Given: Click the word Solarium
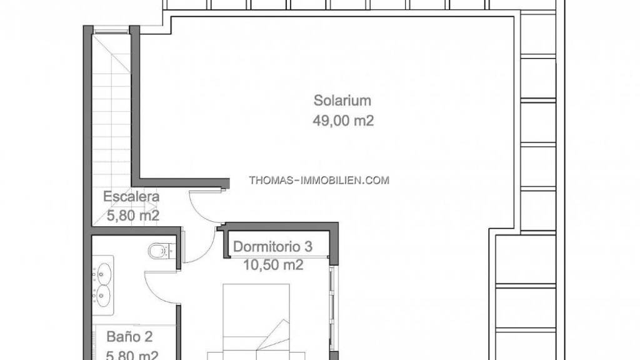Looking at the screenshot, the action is (x=342, y=101).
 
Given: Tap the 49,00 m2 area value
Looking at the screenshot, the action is (x=343, y=121).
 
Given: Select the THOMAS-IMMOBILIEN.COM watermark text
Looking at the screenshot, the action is (x=319, y=180).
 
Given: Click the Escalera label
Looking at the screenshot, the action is (x=131, y=196).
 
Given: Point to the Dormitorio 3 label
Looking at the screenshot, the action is (x=272, y=246).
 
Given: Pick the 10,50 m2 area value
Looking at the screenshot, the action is (x=273, y=265).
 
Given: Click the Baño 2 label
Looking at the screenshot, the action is (x=129, y=337).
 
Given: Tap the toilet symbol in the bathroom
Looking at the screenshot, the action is (x=162, y=251).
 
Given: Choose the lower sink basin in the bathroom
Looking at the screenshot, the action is (x=104, y=294).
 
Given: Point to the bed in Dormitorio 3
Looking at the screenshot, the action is (x=256, y=322).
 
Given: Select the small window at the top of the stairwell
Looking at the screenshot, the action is (x=111, y=30).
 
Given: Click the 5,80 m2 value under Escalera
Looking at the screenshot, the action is (x=133, y=215).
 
